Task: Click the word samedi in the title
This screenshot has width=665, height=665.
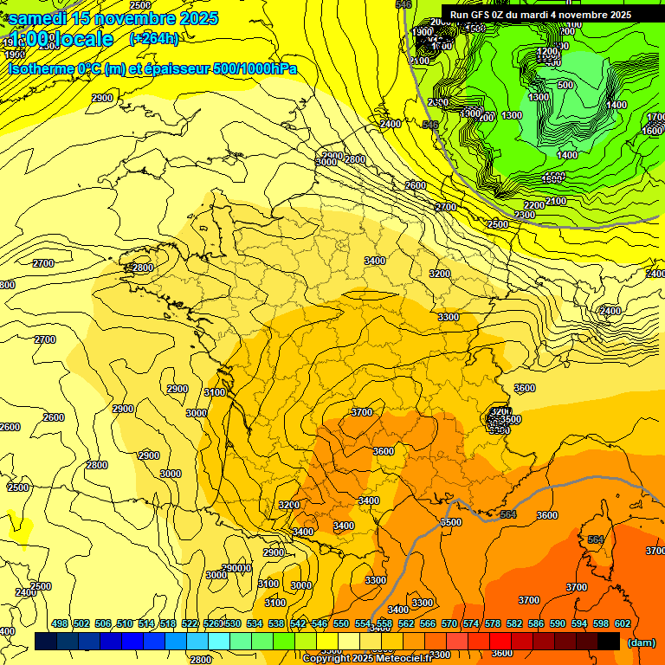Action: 39,18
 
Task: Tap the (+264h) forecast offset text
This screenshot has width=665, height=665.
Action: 154,38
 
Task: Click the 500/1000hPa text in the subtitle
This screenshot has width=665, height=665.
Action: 259,68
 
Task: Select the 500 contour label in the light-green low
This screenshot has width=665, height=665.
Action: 565,85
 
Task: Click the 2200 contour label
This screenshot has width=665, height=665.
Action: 533,205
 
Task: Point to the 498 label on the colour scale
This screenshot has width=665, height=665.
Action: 60,623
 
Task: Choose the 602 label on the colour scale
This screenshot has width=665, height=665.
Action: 623,623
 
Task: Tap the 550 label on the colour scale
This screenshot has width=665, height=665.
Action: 341,623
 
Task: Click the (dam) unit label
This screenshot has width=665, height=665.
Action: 642,642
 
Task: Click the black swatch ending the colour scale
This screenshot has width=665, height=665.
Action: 609,641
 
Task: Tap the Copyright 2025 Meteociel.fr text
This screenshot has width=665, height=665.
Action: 366,658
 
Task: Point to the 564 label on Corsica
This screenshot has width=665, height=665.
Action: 595,539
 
